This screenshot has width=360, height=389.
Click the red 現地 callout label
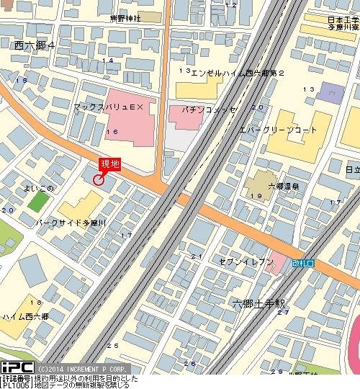click(109, 164)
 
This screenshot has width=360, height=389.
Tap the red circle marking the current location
click(99, 179)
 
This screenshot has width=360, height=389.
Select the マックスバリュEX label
click(109, 106)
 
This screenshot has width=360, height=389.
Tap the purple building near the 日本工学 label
click(330, 92)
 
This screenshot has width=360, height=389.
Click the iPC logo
click(17, 367)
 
